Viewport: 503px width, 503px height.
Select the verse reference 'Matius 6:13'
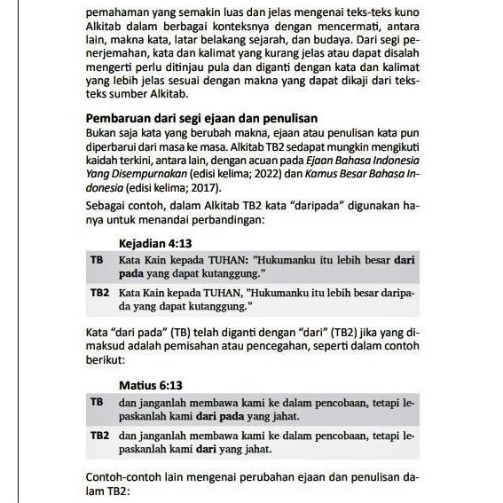[151, 386]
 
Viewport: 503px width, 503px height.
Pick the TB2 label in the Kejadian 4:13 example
[99, 291]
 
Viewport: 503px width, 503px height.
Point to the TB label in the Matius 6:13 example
[97, 402]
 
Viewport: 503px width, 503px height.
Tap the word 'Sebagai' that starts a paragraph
[106, 206]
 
